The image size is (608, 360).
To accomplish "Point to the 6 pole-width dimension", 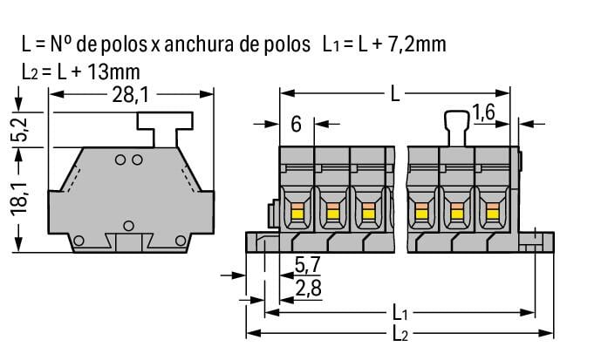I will click(296, 125).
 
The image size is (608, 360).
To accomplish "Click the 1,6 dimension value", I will click(485, 112).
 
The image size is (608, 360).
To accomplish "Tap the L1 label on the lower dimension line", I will click(400, 311).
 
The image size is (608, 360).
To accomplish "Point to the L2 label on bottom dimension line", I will click(400, 335).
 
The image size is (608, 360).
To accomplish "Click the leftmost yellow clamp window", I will click(296, 210).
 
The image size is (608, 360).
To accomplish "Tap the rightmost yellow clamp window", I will click(493, 210).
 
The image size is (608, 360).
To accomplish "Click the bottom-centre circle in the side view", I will click(128, 226).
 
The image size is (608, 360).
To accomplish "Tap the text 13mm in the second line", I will click(116, 70).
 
